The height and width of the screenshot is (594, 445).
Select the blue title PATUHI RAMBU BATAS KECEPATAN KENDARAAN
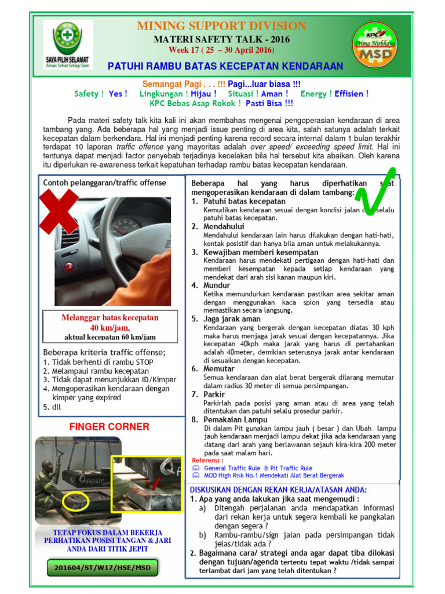click(225, 66)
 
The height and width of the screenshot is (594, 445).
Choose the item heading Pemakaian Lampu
click(235, 419)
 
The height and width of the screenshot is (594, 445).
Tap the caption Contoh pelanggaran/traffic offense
click(104, 183)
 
